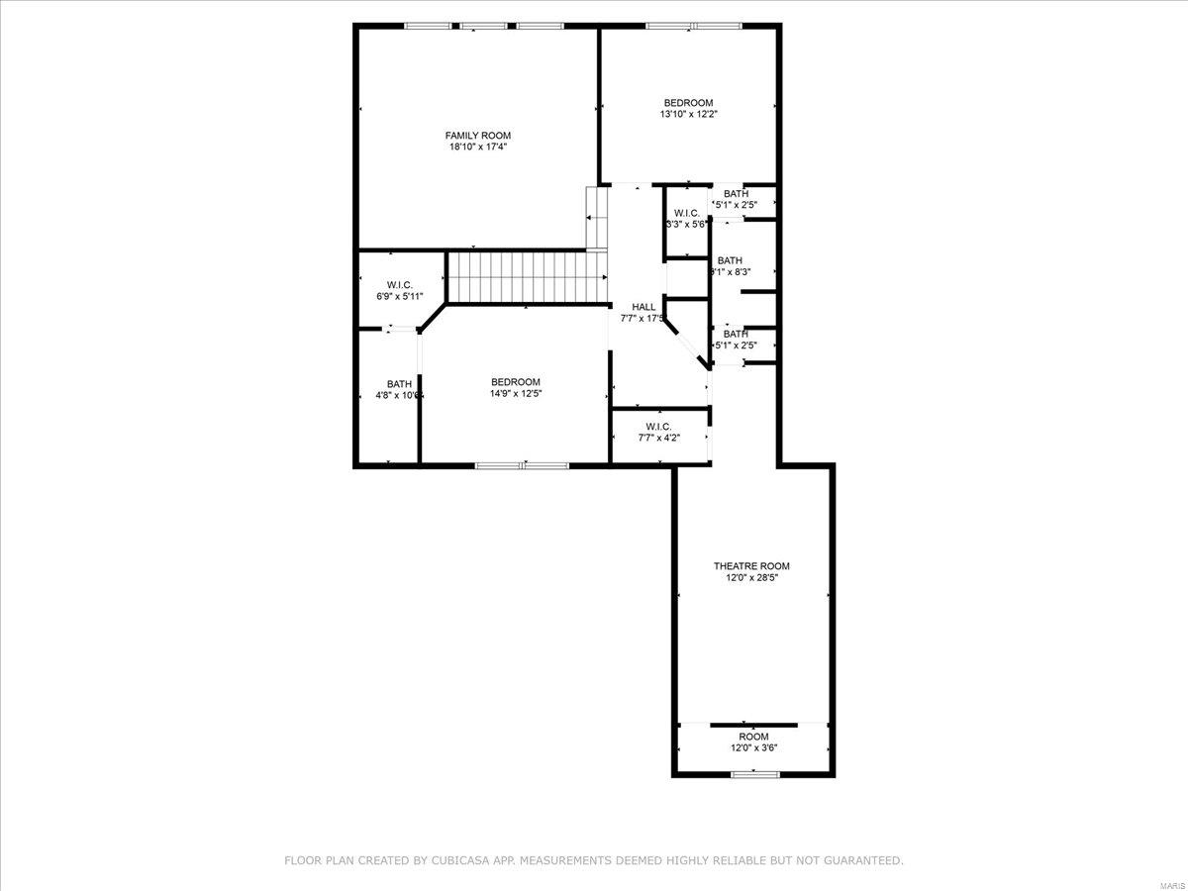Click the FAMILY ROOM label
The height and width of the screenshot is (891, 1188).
(x=477, y=136)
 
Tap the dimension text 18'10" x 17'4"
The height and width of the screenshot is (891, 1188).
(x=477, y=147)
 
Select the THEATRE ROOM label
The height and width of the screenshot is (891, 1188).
(x=751, y=566)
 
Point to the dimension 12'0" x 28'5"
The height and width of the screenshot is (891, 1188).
(x=751, y=577)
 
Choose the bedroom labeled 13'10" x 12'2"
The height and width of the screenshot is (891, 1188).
(x=688, y=108)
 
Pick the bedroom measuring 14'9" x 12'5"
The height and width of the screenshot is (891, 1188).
(x=516, y=387)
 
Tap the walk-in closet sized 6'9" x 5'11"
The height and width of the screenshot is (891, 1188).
(x=400, y=290)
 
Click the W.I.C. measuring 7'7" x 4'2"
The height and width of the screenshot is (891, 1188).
(x=658, y=432)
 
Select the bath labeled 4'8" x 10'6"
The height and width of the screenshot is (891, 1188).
(x=399, y=389)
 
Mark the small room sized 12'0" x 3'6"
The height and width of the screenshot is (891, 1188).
(x=753, y=742)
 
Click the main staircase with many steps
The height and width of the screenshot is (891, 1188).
(x=525, y=276)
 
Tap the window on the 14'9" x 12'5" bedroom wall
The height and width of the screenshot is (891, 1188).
(x=522, y=464)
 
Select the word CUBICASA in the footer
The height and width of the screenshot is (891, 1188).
(x=463, y=861)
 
